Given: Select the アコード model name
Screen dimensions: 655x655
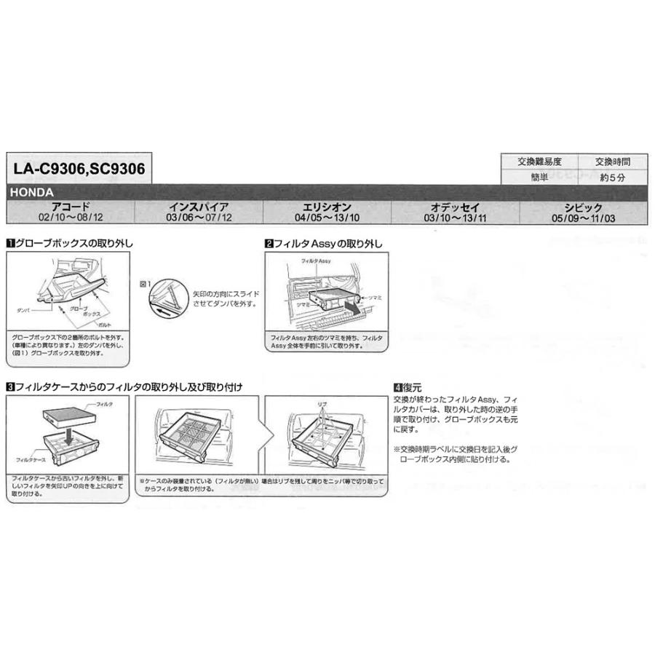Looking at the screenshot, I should click(x=71, y=207).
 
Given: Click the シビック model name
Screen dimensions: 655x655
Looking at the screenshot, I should click(x=582, y=207).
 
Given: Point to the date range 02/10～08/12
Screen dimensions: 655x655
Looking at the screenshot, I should click(x=71, y=218).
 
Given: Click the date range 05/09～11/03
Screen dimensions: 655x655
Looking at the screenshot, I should click(x=583, y=218).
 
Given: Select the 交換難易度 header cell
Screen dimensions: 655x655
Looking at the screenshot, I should click(x=539, y=162).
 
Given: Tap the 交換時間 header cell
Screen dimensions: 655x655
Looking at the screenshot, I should click(x=611, y=162).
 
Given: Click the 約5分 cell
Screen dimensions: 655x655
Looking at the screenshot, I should click(x=611, y=177).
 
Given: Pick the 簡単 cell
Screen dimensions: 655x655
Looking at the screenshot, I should click(x=539, y=177).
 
